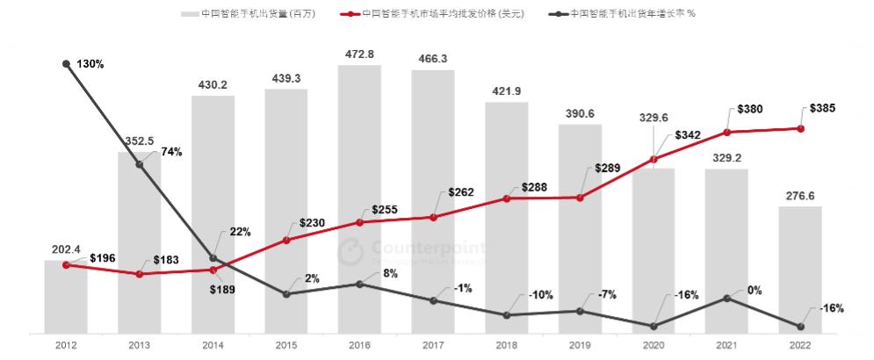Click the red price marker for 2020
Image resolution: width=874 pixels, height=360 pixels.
click(x=654, y=159)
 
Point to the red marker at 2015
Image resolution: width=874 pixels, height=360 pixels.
click(x=286, y=240)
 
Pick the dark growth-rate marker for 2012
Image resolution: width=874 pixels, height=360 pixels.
click(x=67, y=63)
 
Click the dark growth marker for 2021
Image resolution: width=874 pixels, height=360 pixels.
click(x=726, y=299)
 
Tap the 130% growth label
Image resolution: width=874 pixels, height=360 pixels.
click(x=90, y=64)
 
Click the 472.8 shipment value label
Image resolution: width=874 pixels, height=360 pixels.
click(x=360, y=54)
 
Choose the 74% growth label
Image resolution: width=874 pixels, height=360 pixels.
click(x=171, y=152)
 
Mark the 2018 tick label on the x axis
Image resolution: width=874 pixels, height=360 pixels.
click(x=507, y=345)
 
